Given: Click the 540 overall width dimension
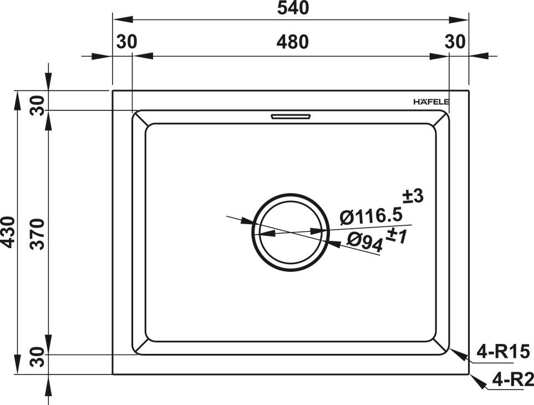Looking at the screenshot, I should [x=292, y=8].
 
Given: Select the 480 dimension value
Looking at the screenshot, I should [x=292, y=42].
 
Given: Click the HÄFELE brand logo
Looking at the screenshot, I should [x=431, y=102].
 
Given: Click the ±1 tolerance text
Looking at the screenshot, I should [x=396, y=235].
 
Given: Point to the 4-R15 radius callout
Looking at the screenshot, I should [x=504, y=352].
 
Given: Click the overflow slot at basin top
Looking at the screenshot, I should [x=291, y=117].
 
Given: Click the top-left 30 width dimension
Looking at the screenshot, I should [x=126, y=42].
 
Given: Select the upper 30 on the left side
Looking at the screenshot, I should [x=37, y=105].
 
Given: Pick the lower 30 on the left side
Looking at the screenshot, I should [x=37, y=358].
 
